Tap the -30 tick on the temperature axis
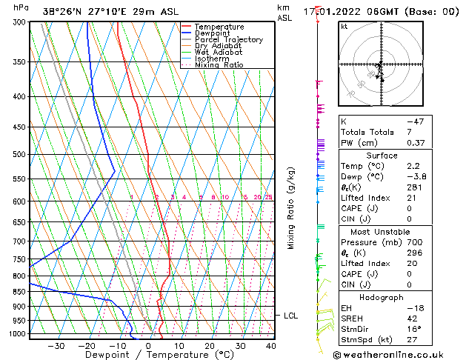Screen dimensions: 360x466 click(56, 346)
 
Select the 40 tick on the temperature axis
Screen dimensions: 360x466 click(270, 346)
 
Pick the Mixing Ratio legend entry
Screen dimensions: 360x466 click(219, 65)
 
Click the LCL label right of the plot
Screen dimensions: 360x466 click(291, 316)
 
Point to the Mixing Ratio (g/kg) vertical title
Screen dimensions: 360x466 click(291, 208)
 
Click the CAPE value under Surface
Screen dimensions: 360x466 click(409, 208)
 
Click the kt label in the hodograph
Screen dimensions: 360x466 click(344, 27)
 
